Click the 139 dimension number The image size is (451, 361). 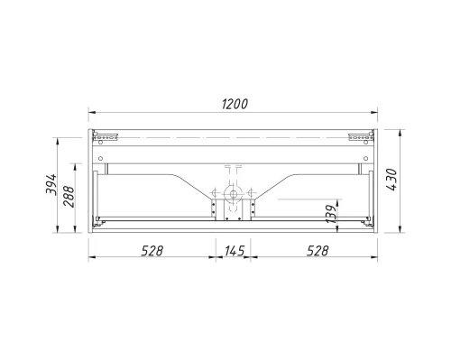click(x=330, y=214)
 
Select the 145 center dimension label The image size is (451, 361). click(x=234, y=250)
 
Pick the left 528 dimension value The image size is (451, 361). click(x=152, y=250)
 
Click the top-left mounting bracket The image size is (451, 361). click(x=107, y=137)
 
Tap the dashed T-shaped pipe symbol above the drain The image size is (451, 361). click(x=233, y=171)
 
